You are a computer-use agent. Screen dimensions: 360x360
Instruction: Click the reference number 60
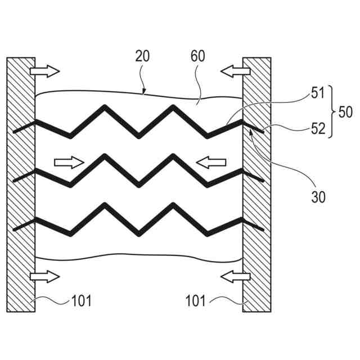[x=197, y=56]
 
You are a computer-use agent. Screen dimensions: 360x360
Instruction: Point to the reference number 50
[x=345, y=111]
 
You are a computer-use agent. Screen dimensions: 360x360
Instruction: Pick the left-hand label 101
[x=81, y=301]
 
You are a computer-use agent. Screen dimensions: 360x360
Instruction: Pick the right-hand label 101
[x=196, y=301]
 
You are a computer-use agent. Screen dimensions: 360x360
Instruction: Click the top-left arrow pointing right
[x=44, y=71]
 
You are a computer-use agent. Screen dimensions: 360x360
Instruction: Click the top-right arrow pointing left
[x=234, y=71]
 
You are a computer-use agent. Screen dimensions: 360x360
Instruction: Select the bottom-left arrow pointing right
[x=44, y=276]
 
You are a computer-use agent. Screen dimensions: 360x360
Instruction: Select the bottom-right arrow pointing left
[x=234, y=276]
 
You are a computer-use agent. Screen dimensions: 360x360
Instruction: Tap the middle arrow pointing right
[x=69, y=163]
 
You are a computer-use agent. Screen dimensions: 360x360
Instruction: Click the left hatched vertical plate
[x=20, y=186]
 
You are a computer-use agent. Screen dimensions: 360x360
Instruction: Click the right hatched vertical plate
[x=256, y=186]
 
